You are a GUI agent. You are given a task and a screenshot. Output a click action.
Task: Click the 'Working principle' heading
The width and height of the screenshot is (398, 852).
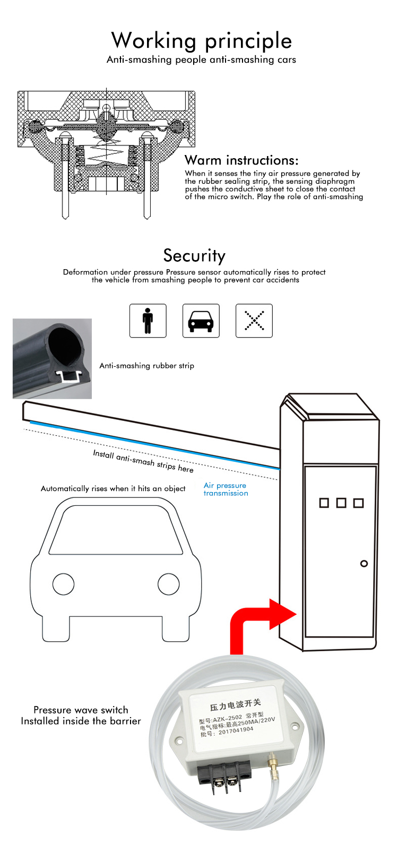coord(201,41)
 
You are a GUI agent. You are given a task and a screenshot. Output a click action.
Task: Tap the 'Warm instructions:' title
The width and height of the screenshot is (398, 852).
coord(241,160)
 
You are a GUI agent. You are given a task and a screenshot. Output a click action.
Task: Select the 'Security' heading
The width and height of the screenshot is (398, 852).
coord(194,255)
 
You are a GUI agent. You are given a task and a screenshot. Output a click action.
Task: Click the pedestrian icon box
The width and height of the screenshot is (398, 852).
coord(148,321)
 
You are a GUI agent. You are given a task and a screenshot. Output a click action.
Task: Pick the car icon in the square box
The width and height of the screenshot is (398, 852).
coord(201,321)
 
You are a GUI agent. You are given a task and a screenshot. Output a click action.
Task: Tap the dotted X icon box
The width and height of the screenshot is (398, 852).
coord(254,321)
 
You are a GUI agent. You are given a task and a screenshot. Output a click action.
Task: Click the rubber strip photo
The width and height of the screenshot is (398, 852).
coord(52,358)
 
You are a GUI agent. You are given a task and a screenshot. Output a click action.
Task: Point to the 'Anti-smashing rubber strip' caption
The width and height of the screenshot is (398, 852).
coord(146,366)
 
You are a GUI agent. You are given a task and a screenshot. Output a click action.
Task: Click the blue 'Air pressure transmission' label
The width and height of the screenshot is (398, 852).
coord(226,489)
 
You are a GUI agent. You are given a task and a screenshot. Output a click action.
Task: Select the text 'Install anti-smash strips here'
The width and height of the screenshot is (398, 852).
coord(143,461)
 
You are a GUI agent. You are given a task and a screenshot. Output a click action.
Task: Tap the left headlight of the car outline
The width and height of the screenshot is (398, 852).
coord(63,584)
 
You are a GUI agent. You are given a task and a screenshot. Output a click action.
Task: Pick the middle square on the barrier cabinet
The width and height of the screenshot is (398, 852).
coord(341,503)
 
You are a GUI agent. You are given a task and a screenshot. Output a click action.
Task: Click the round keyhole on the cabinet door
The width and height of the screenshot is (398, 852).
coord(364,563)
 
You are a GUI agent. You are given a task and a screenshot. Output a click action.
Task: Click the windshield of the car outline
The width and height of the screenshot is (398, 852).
coord(116,531)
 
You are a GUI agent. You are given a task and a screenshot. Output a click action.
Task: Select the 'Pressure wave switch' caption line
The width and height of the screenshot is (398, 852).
coord(81,710)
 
